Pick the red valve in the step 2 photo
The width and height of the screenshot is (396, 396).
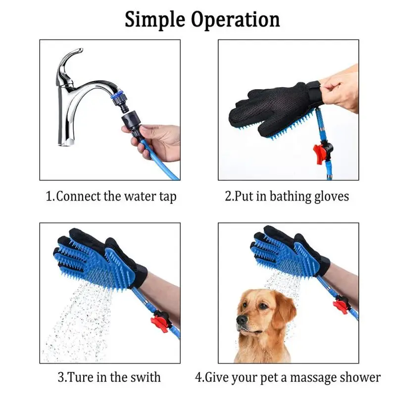pyautogui.click(x=320, y=150)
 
